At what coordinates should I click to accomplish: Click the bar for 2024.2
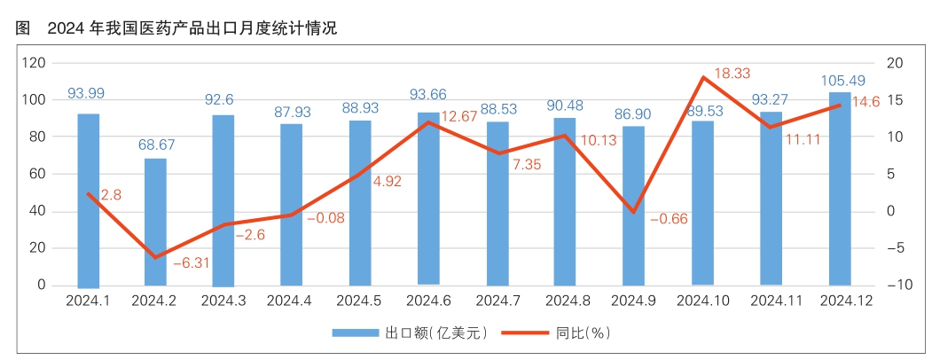(x=155, y=222)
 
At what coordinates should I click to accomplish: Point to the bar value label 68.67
(x=155, y=143)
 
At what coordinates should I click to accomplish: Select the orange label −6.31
(x=191, y=263)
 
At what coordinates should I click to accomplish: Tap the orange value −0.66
(x=669, y=218)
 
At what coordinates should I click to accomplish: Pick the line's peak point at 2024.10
(x=703, y=77)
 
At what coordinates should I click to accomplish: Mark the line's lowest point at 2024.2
(x=156, y=258)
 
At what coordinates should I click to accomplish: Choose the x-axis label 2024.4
(x=291, y=301)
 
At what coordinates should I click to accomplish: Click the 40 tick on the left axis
(x=38, y=211)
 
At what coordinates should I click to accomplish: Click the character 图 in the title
(x=22, y=27)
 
